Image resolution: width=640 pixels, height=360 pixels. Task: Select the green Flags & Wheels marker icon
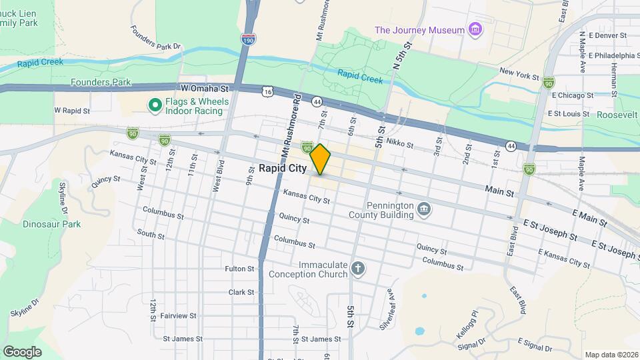pyautogui.click(x=155, y=105)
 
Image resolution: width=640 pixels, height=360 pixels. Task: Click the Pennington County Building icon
pyautogui.click(x=423, y=211)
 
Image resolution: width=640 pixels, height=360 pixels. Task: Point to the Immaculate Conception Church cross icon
pyautogui.click(x=358, y=269)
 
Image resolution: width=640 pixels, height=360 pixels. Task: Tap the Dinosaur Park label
pyautogui.click(x=51, y=224)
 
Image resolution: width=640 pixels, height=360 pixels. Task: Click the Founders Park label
pyautogui.click(x=100, y=83)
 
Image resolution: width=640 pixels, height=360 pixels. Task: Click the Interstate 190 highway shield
pyautogui.click(x=248, y=40)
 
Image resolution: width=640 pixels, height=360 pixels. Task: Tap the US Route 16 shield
pyautogui.click(x=268, y=90)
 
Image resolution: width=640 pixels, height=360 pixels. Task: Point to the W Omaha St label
pyautogui.click(x=204, y=88)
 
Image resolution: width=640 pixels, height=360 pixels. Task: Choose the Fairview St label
pyautogui.click(x=178, y=315)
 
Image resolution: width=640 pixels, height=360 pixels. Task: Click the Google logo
pyautogui.click(x=22, y=351)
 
